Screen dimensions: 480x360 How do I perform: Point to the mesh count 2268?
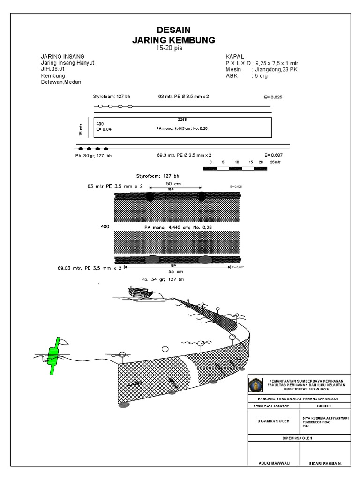pyautogui.click(x=182, y=120)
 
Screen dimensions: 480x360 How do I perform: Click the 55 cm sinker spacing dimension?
pyautogui.click(x=175, y=271)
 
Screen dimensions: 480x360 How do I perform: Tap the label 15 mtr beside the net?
pyautogui.click(x=81, y=129)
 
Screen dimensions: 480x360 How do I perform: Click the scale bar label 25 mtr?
pyautogui.click(x=275, y=162)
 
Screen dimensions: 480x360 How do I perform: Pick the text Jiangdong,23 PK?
pyautogui.click(x=277, y=69)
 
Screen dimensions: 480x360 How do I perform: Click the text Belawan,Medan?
pyautogui.click(x=61, y=82)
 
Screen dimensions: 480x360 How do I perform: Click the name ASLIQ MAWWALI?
pyautogui.click(x=274, y=463)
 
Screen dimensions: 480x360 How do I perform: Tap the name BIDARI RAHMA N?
pyautogui.click(x=325, y=463)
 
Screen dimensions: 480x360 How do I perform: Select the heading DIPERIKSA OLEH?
pyautogui.click(x=297, y=438)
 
